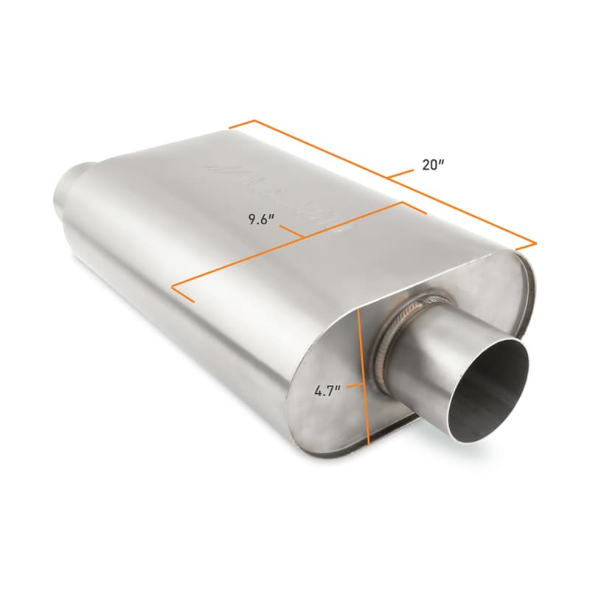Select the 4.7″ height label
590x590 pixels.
click(x=326, y=391)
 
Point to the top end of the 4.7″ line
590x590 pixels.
click(x=356, y=311)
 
